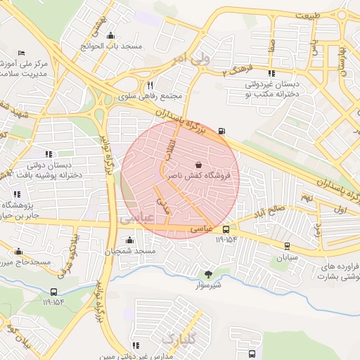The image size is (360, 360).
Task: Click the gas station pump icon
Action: click(x=223, y=130)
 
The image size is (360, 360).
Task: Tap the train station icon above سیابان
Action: click(x=287, y=245)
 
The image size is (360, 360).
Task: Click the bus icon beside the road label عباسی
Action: click(x=226, y=229)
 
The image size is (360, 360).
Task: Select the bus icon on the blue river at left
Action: click(x=53, y=292)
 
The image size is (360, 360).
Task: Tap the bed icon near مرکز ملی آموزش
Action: click(x=21, y=53)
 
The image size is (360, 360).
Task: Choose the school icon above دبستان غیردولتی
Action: click(x=271, y=73)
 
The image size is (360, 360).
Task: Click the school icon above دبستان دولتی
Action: click(x=49, y=153)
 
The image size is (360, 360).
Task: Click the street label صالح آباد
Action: click(x=269, y=211)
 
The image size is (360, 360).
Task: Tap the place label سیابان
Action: click(x=287, y=257)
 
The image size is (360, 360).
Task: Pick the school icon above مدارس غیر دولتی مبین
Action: click(x=135, y=345)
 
